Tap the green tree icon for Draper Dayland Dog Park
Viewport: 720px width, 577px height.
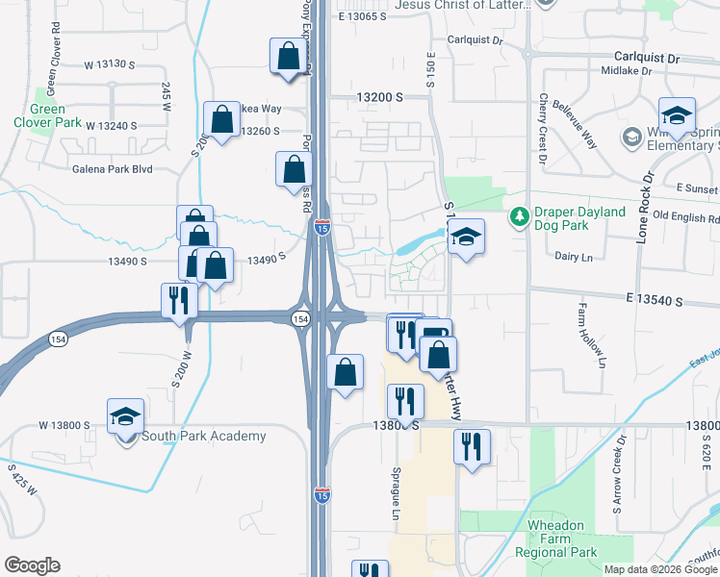tap(519, 213)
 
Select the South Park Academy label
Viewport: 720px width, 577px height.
tap(203, 437)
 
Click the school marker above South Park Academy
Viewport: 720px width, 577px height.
tap(125, 417)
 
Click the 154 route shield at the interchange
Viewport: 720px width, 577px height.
tap(301, 317)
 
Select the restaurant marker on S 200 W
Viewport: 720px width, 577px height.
tap(179, 301)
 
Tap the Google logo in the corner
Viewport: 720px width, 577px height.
tap(31, 565)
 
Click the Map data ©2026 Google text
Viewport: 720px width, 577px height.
tap(659, 569)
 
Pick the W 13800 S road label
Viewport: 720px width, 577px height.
tap(64, 425)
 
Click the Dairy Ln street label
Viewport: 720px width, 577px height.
tap(573, 256)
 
